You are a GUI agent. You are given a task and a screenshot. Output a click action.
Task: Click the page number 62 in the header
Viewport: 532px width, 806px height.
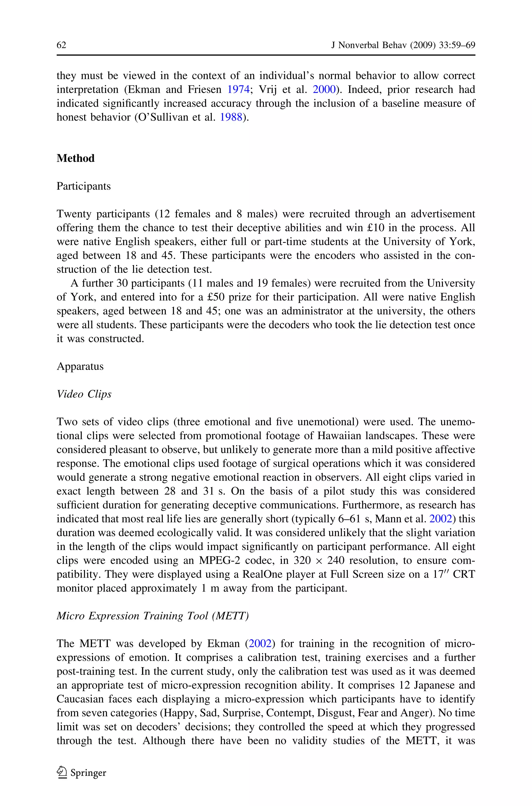[x=61, y=45]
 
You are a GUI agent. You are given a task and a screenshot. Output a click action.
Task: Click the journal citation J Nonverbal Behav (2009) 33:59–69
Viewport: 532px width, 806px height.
[x=403, y=45]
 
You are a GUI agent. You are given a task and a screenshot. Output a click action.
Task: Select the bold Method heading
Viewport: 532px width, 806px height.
[x=75, y=158]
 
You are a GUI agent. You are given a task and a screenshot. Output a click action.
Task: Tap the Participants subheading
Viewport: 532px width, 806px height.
[x=83, y=186]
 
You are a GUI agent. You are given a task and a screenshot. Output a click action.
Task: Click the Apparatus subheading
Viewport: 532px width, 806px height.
[x=80, y=366]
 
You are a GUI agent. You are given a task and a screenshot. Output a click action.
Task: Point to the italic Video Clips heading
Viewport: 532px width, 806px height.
[x=84, y=394]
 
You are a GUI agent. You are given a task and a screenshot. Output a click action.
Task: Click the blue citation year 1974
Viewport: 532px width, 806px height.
[x=238, y=90]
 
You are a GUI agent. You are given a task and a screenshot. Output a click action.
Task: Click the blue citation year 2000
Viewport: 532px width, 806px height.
[x=324, y=90]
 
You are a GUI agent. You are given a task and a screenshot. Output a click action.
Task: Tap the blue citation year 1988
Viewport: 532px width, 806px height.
[x=231, y=117]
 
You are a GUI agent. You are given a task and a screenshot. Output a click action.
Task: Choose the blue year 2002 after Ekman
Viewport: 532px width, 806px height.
[x=260, y=644]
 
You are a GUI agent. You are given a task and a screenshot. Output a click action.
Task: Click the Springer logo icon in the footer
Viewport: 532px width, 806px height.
[x=62, y=773]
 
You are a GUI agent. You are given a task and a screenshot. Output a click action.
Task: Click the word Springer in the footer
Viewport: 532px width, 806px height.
[x=88, y=773]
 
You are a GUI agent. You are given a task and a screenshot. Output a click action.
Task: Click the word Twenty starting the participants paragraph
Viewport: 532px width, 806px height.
[x=74, y=214]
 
